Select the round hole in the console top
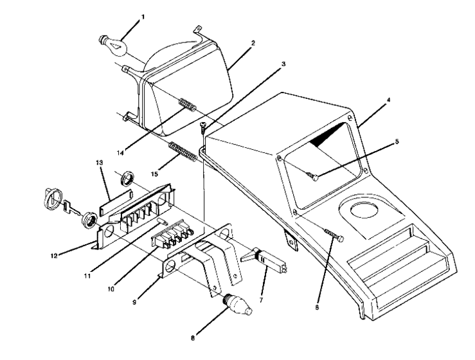tap(362, 210)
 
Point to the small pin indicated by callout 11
tap(162, 222)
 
